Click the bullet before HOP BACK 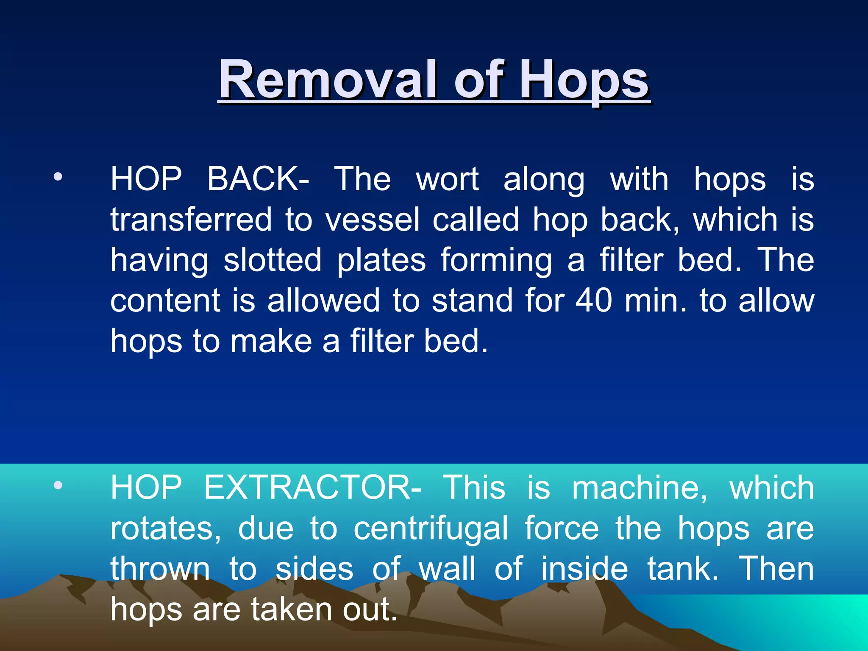(58, 176)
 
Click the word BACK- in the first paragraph (258, 179)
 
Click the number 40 (594, 300)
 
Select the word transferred (191, 220)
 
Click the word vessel (373, 220)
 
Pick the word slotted (273, 260)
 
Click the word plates (381, 261)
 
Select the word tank (683, 569)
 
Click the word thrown (160, 569)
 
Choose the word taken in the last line (292, 609)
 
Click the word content (166, 300)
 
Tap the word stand (472, 300)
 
